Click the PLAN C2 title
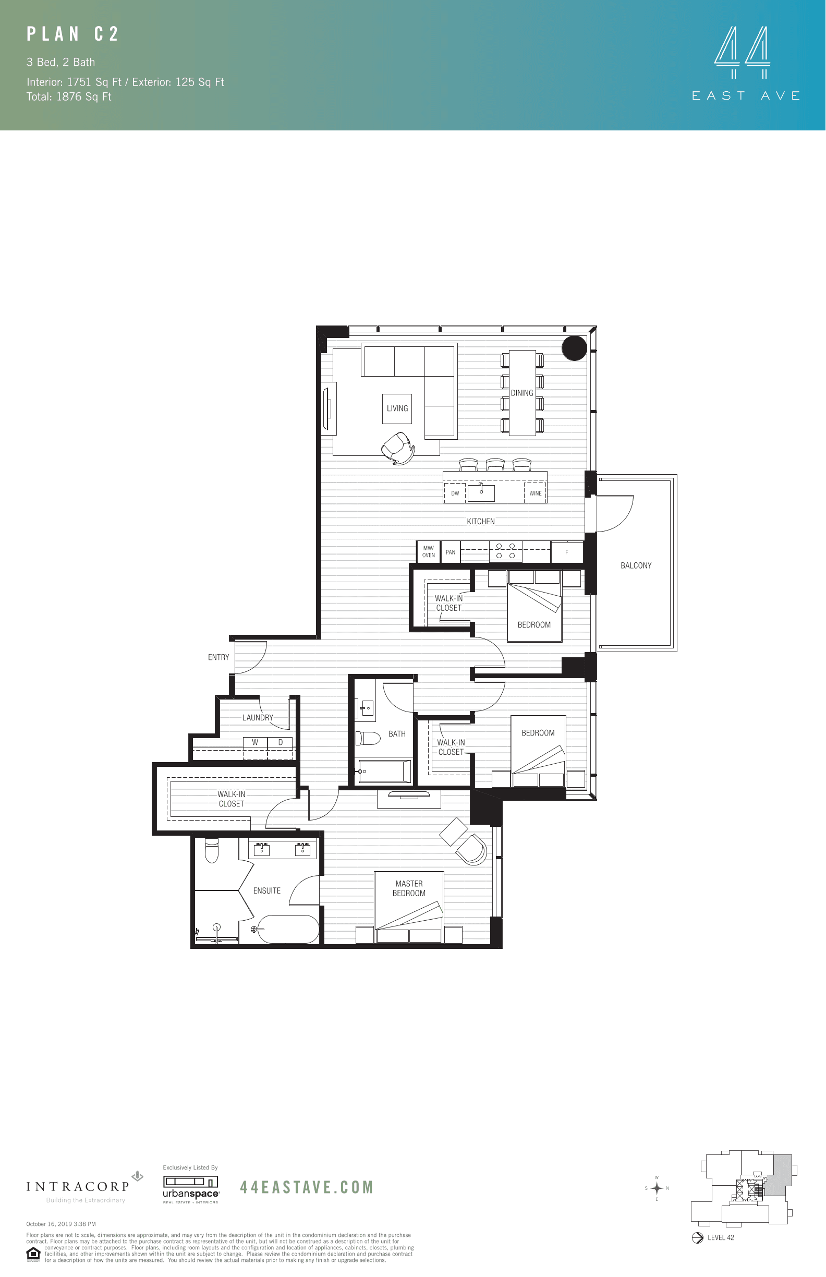pos(72,34)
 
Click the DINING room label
pos(522,393)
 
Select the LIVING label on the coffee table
pos(397,408)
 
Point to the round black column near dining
pos(574,348)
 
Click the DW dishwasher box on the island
pos(455,493)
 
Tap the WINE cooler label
pos(536,493)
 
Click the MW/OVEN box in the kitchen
pos(428,551)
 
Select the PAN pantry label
pos(451,552)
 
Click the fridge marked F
pos(566,552)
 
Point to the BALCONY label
pos(636,565)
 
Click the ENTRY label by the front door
pos(218,657)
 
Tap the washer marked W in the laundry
pos(256,743)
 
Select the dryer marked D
pos(280,743)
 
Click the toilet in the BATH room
pos(368,738)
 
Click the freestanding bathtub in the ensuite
pos(288,929)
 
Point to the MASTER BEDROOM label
pos(409,888)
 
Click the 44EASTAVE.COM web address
pos(306,1187)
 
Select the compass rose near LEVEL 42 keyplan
pos(657,1188)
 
